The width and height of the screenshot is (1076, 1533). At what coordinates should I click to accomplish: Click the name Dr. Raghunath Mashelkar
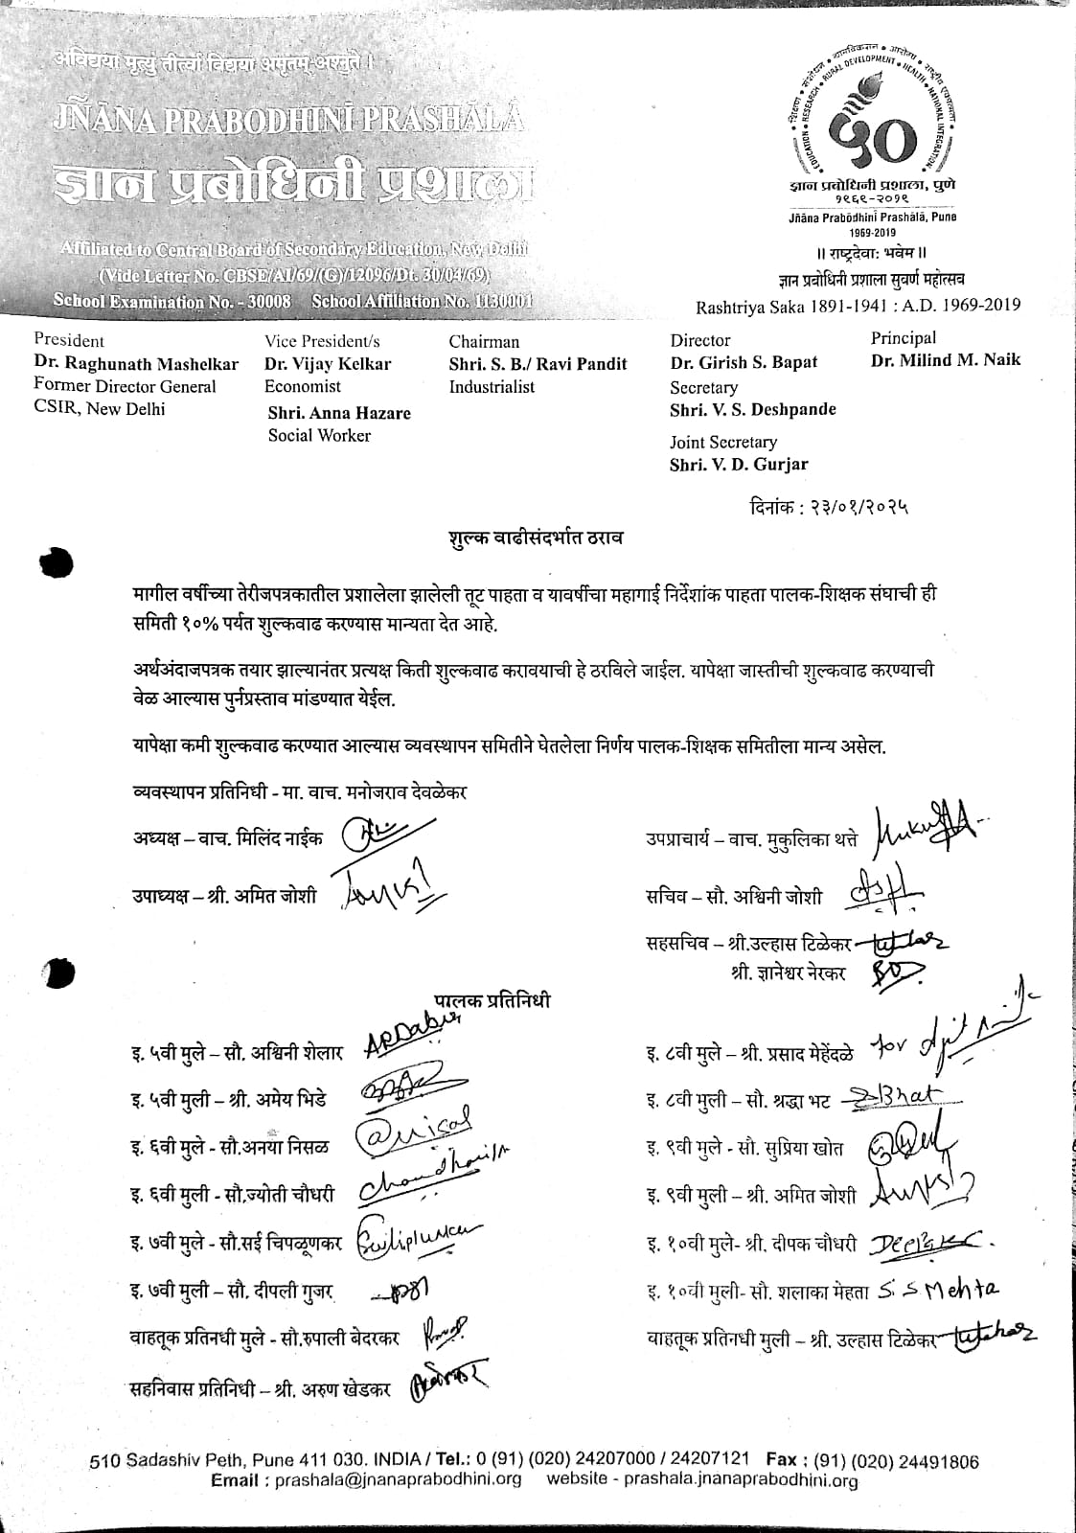pyautogui.click(x=136, y=363)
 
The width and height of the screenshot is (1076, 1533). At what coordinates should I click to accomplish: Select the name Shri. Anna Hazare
pyautogui.click(x=339, y=413)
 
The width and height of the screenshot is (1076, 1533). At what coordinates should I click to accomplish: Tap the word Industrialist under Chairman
pyautogui.click(x=492, y=387)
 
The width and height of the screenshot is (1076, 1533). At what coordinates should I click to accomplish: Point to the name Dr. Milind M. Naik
pyautogui.click(x=946, y=360)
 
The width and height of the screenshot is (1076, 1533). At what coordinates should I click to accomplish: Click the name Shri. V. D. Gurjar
pyautogui.click(x=739, y=465)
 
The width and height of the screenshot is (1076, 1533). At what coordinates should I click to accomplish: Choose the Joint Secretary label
pyautogui.click(x=722, y=442)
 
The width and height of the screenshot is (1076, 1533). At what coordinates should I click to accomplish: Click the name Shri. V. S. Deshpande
pyautogui.click(x=752, y=409)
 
